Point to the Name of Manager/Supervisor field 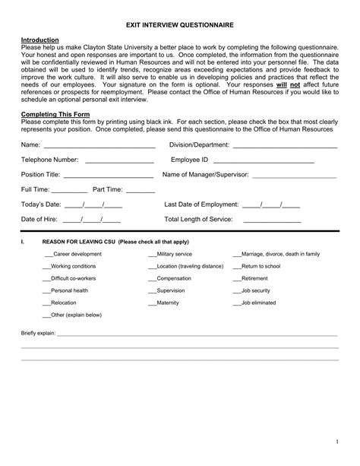pyautogui.click(x=294, y=176)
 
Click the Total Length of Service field pyautogui.click(x=271, y=221)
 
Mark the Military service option pyautogui.click(x=152, y=255)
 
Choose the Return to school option pyautogui.click(x=237, y=267)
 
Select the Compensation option pyautogui.click(x=152, y=279)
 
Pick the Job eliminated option pyautogui.click(x=237, y=303)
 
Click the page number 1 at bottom pyautogui.click(x=335, y=442)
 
